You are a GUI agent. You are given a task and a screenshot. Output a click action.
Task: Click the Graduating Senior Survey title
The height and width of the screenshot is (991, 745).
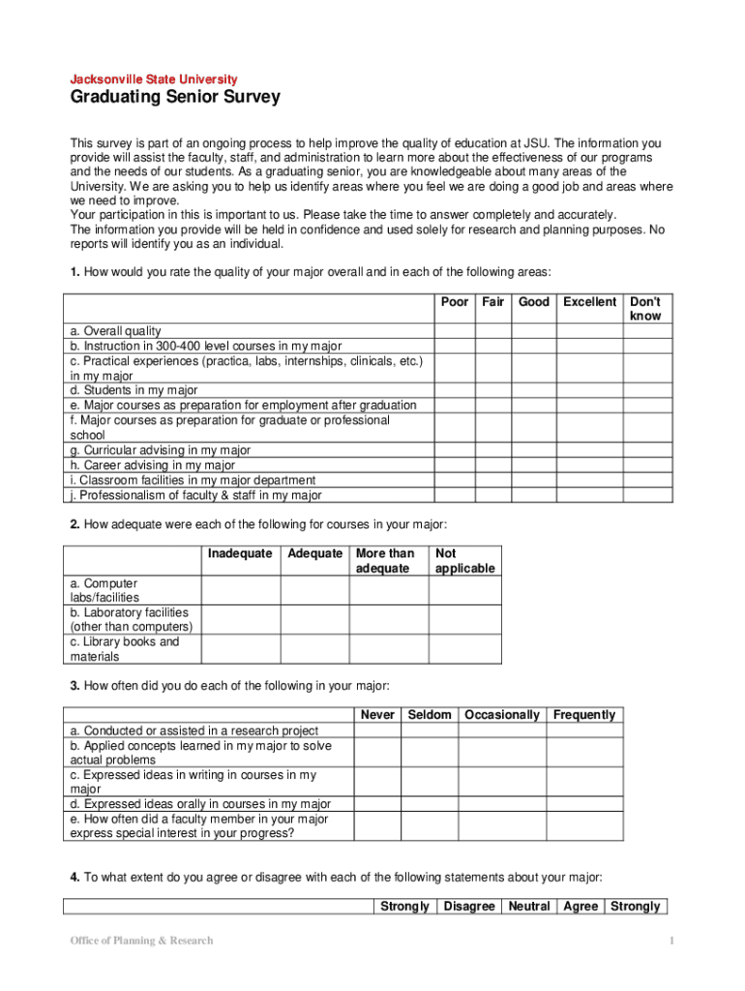[175, 97]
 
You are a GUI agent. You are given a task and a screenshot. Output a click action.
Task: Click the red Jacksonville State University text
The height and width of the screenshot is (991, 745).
[154, 78]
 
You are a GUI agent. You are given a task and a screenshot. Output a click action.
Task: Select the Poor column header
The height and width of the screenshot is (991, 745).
[455, 302]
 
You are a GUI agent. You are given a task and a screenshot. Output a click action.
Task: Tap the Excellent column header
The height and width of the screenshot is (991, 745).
[590, 302]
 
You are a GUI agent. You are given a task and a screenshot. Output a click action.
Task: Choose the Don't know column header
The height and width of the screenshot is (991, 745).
[645, 309]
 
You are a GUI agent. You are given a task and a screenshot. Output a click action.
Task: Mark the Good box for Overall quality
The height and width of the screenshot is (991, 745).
[534, 331]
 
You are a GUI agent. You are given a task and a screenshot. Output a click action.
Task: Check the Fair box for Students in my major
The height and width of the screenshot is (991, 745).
[493, 391]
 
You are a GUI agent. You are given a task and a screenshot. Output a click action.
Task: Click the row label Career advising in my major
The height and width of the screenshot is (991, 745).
[153, 465]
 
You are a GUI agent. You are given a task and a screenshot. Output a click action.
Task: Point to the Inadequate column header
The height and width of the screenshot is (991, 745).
[240, 554]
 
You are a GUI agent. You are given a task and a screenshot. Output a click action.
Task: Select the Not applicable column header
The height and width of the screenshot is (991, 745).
[464, 561]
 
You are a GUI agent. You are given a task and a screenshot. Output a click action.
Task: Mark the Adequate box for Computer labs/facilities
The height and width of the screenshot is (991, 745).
[315, 590]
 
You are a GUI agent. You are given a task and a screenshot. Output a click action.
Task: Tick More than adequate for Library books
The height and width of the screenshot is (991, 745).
[389, 648]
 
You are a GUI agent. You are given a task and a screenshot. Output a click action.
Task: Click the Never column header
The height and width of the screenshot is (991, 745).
[377, 715]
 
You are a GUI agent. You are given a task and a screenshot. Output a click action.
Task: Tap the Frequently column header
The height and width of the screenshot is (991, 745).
[584, 715]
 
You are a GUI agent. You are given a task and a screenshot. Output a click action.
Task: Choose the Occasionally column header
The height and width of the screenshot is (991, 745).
[502, 715]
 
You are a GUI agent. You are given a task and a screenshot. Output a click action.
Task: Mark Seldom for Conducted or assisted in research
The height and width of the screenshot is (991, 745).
[430, 731]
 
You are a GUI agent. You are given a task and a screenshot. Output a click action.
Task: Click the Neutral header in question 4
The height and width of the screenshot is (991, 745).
[529, 907]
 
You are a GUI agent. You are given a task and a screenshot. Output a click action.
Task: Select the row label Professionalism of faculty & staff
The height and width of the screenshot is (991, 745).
[195, 495]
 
